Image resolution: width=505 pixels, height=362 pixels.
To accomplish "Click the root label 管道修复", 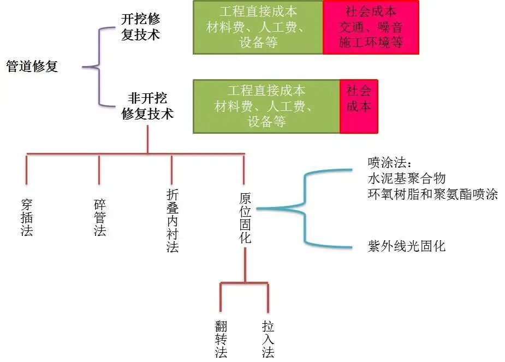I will [32, 67].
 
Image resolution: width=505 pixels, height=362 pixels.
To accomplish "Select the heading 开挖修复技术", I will [141, 27].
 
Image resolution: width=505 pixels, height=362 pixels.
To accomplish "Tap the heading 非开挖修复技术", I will [147, 106].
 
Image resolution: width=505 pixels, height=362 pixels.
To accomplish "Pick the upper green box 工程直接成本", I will [258, 27].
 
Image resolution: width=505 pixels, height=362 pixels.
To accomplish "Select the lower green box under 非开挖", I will [266, 106].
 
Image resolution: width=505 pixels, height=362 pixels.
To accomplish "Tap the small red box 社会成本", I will [358, 106].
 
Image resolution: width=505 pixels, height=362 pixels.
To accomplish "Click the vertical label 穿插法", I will [27, 217].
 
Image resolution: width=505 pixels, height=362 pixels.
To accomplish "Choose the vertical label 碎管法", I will [99, 217].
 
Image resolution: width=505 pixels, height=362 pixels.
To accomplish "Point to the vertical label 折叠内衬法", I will [172, 221].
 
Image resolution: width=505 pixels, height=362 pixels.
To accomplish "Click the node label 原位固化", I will [245, 217].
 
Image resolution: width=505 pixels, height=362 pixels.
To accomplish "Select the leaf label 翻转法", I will [221, 339].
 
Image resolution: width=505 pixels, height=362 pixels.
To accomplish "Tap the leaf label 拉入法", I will [268, 339].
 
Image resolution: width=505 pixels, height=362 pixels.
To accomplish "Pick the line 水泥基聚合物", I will [407, 179].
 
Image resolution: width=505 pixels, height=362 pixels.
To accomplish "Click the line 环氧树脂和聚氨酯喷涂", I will [433, 194].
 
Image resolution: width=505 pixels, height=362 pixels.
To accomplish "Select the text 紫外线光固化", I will [407, 246].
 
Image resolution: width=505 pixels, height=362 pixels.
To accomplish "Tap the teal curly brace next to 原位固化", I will [306, 208].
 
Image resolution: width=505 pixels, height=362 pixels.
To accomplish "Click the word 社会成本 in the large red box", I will [371, 11].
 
